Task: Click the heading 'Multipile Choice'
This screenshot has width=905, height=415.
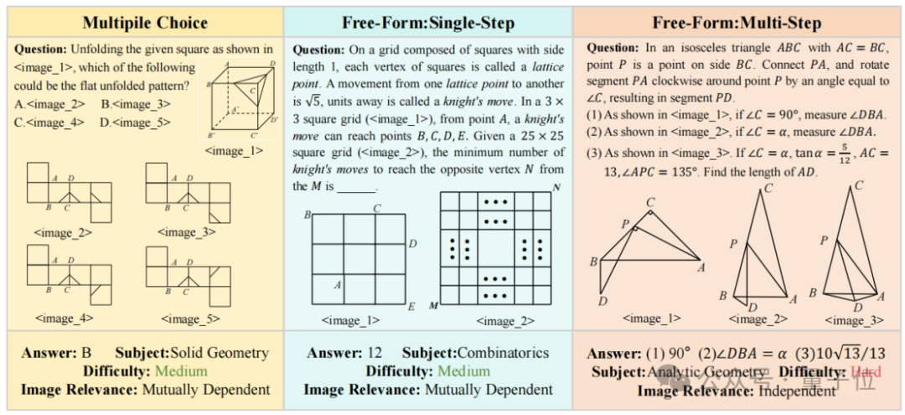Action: [x=143, y=23]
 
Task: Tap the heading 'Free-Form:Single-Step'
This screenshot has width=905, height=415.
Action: [x=427, y=23]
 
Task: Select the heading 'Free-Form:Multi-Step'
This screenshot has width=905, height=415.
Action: [x=737, y=23]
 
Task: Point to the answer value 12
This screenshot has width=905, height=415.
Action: [x=375, y=353]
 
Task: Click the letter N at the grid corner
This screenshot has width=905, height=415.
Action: [x=556, y=188]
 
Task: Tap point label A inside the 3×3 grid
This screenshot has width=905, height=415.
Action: [x=337, y=284]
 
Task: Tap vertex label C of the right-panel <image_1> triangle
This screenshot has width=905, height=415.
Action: [x=650, y=202]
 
